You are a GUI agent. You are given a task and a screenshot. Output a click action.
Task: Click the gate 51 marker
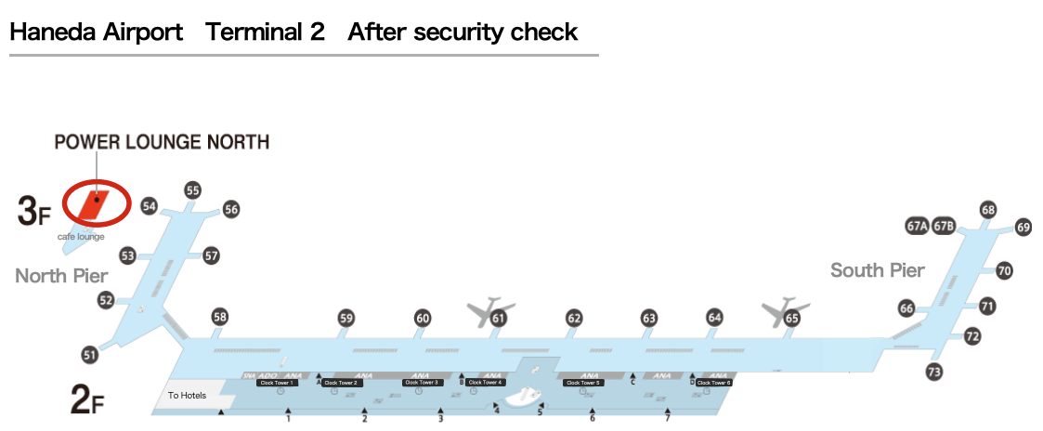click(90, 354)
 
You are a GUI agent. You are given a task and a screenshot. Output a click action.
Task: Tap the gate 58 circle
click(219, 316)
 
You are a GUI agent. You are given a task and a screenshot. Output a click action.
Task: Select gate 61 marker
click(499, 319)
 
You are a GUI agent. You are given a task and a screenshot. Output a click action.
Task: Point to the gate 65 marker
click(791, 318)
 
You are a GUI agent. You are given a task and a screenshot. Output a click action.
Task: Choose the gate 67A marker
click(917, 226)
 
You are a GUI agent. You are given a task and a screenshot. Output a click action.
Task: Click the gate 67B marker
click(945, 226)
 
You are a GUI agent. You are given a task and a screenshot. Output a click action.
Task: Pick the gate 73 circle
click(934, 372)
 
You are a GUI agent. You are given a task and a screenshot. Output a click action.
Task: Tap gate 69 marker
click(1023, 227)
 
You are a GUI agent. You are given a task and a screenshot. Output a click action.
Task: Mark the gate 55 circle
click(192, 190)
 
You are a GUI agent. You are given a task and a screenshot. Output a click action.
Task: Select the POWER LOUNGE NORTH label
click(162, 142)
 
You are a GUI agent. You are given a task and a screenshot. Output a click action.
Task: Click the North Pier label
click(61, 276)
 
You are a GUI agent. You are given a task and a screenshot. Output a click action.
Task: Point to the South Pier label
click(877, 270)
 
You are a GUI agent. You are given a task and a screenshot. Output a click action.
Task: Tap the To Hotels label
click(187, 396)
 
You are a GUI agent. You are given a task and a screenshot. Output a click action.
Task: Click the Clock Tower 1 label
click(278, 383)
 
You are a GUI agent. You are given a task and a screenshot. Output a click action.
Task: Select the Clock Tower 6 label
click(714, 383)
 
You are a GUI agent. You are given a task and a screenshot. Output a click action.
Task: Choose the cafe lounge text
click(81, 237)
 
